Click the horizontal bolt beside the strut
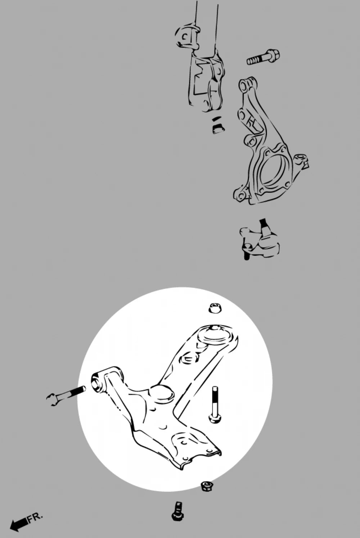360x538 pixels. (263, 57)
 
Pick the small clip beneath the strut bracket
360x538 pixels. (218, 126)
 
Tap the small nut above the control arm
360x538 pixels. (215, 308)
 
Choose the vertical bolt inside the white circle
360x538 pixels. (215, 405)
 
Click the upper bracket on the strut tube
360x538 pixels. (187, 36)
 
